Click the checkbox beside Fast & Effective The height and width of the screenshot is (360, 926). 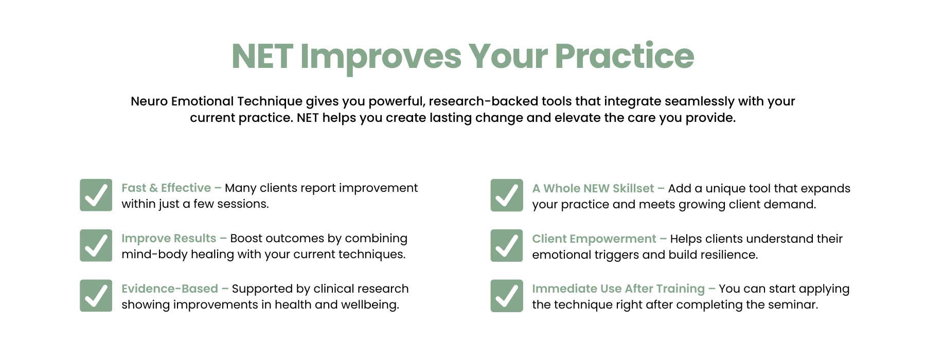96,195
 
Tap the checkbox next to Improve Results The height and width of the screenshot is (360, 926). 96,245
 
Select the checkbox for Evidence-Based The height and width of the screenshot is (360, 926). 96,296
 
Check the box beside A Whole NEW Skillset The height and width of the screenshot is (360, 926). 507,195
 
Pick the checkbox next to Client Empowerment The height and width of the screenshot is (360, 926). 507,245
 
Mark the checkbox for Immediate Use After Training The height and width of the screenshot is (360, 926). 507,296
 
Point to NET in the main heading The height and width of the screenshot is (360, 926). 262,56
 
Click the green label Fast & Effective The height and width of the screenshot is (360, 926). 166,188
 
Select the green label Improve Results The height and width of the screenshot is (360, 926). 169,239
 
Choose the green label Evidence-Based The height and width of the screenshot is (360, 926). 170,289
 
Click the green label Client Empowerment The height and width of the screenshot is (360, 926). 594,239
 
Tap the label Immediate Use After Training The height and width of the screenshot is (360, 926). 618,289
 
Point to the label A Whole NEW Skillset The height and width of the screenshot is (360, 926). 593,188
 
